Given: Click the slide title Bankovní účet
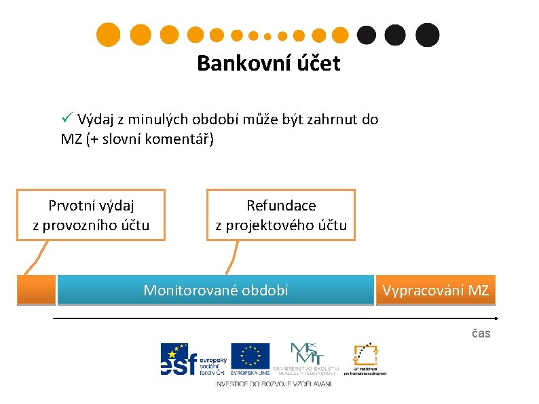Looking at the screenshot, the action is tap(268, 64).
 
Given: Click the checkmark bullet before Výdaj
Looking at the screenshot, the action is tap(67, 120).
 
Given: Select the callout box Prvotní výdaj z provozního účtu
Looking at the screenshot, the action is tap(91, 215).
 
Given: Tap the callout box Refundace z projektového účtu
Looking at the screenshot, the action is tap(281, 215).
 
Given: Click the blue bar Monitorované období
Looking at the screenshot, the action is tap(216, 290).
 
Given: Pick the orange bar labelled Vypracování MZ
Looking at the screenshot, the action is tap(435, 290).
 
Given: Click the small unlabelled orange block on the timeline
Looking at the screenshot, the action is tap(36, 290).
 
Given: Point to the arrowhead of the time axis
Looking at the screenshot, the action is tap(497, 317).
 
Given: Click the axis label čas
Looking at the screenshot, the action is tap(481, 333).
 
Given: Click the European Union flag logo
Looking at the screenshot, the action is tap(250, 359).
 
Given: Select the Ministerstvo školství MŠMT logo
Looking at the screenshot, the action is tap(308, 358).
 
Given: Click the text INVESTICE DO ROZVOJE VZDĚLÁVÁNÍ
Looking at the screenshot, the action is tap(274, 384).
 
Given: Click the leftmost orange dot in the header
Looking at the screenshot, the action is tap(107, 35).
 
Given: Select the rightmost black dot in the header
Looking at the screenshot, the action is tap(427, 35).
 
